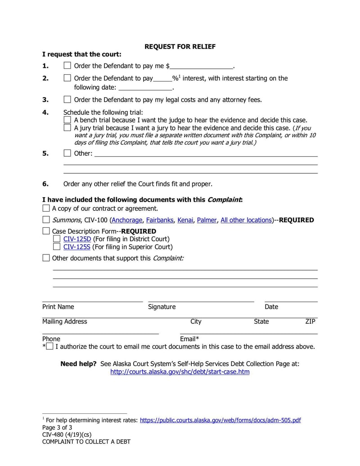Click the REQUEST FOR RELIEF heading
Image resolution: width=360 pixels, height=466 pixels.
click(x=180, y=46)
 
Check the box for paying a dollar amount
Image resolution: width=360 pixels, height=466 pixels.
click(x=67, y=66)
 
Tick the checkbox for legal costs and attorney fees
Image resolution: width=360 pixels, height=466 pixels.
click(x=67, y=100)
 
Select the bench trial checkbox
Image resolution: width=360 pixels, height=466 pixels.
click(x=67, y=120)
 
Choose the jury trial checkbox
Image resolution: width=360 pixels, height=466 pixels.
click(x=67, y=128)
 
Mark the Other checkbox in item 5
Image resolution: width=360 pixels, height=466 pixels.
click(x=67, y=153)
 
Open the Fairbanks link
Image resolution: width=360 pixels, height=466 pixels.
click(x=159, y=220)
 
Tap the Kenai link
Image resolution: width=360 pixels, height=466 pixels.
click(x=185, y=220)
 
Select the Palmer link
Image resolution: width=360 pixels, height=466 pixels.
click(x=207, y=220)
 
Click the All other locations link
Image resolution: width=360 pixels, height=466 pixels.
click(x=246, y=220)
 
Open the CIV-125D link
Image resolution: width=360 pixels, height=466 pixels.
click(x=77, y=239)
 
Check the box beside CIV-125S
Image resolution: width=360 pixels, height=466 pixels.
click(x=57, y=247)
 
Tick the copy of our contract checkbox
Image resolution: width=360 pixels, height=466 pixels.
click(x=46, y=208)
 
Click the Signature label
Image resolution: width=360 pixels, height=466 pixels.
click(x=162, y=307)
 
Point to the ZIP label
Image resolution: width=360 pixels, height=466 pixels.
click(x=310, y=321)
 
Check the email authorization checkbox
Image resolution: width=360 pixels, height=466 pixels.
click(x=49, y=347)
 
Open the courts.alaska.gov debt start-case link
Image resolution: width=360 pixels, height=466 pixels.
click(x=180, y=372)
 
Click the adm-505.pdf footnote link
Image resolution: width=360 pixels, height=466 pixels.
click(x=220, y=420)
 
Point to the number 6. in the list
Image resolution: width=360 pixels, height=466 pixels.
click(x=45, y=184)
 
